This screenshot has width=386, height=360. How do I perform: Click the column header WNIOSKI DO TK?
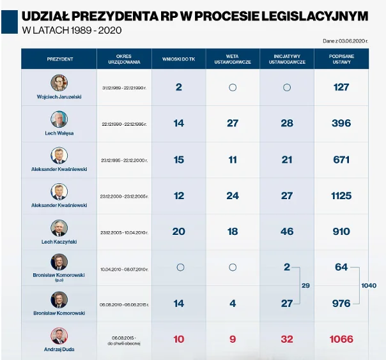tap(178, 59)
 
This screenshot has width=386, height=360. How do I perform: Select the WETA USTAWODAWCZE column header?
tap(233, 59)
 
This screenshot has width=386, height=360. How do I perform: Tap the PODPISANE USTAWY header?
tap(341, 59)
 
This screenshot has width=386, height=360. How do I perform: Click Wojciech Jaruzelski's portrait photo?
tap(59, 82)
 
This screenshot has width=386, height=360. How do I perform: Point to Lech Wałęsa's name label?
tap(59, 133)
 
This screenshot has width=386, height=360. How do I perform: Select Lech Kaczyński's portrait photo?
tap(59, 228)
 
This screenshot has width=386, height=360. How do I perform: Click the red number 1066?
tap(341, 339)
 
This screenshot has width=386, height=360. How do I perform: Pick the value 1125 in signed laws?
tap(341, 196)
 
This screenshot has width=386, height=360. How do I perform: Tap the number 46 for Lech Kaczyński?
tap(286, 232)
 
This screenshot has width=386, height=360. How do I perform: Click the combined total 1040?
tap(369, 285)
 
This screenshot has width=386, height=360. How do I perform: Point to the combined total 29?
tap(305, 285)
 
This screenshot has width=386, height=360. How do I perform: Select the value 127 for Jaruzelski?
tap(341, 87)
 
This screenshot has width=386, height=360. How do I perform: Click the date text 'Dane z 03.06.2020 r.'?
tap(345, 41)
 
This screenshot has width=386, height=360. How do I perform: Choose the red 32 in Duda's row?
tap(286, 339)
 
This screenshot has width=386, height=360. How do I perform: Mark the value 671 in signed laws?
tap(341, 160)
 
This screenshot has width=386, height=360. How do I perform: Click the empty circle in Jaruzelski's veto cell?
tap(233, 87)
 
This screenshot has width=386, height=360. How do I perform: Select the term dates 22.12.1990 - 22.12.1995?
tap(124, 124)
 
